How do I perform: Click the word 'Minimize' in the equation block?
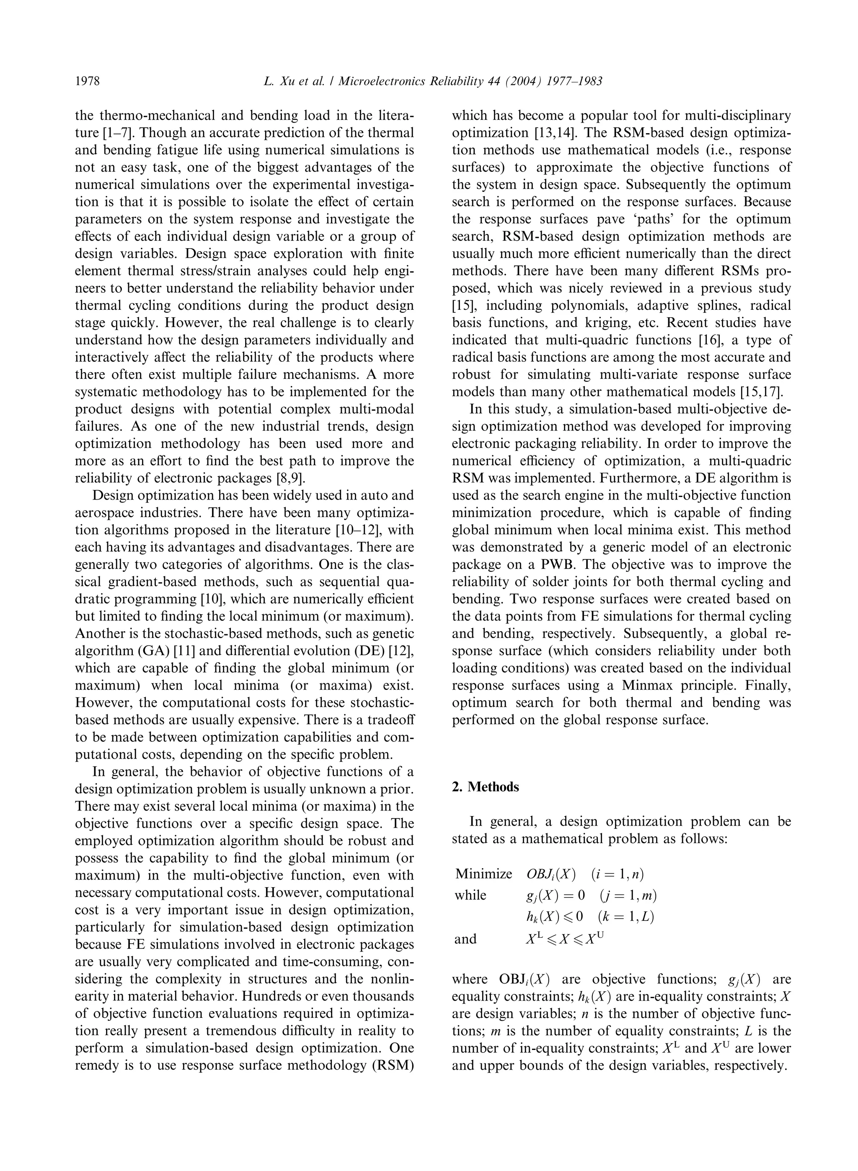[x=483, y=874]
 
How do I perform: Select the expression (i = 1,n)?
[x=617, y=874]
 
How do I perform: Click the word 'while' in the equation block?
[x=470, y=896]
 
